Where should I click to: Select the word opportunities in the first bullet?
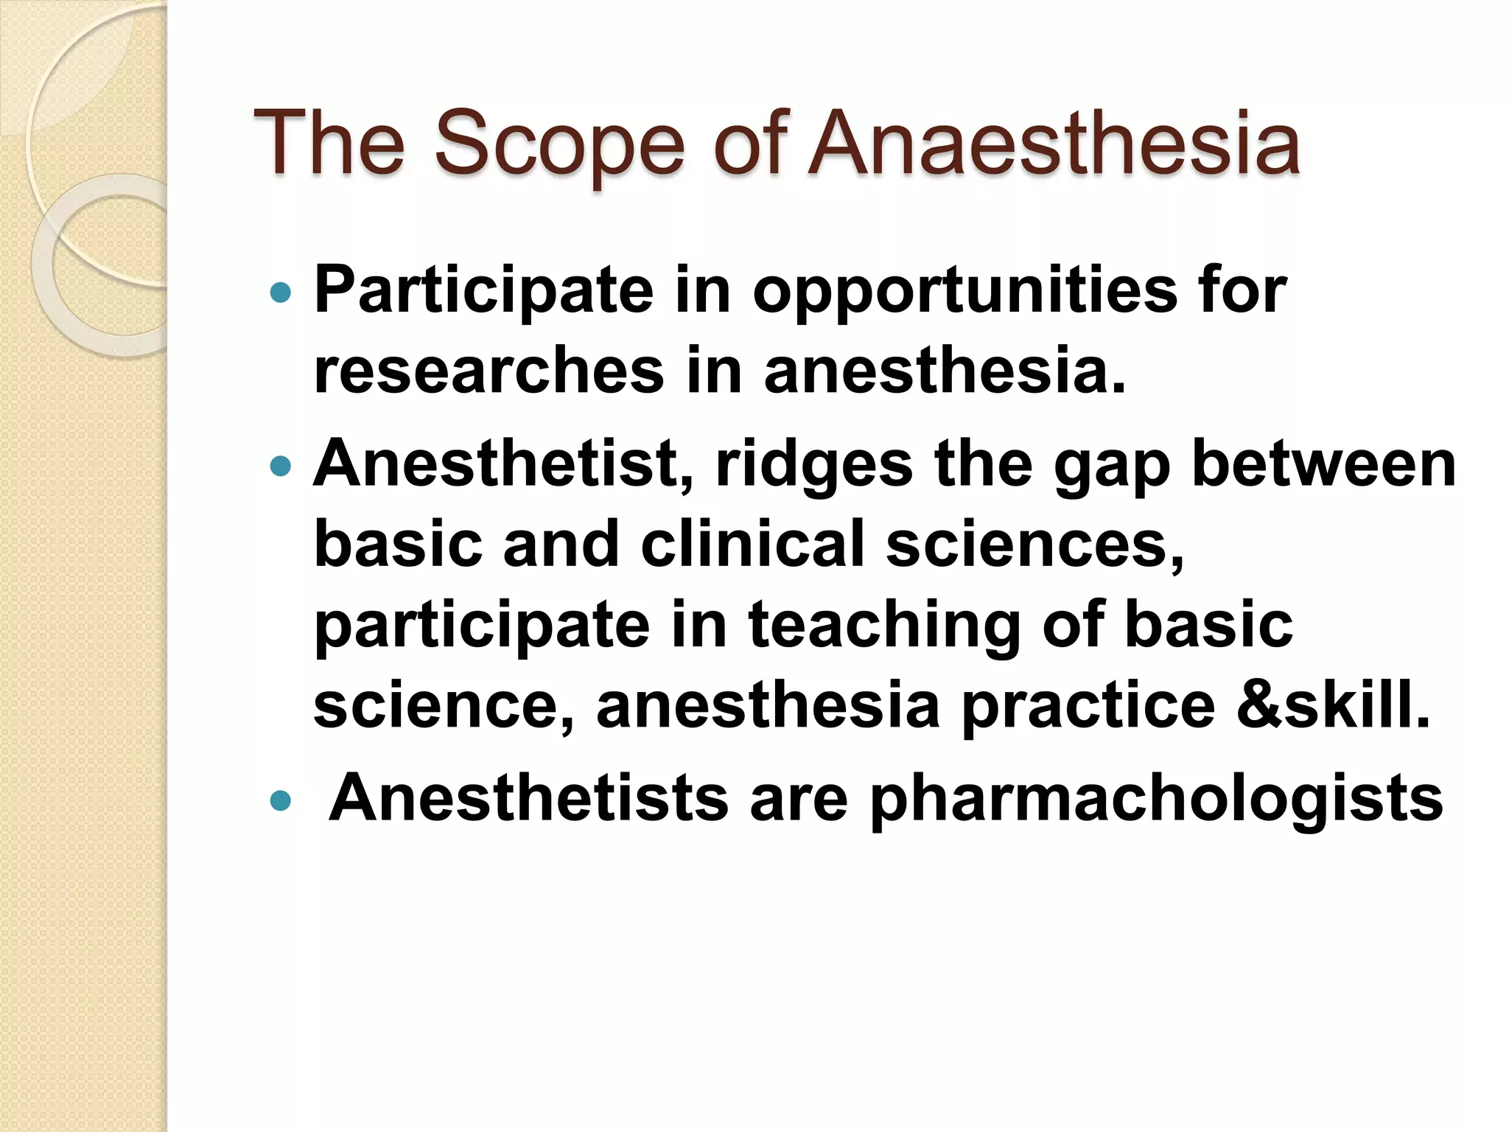(965, 290)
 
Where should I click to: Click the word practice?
(1088, 707)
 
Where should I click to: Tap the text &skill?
(1333, 705)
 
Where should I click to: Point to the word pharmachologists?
(1156, 800)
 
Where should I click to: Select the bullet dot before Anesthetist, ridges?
(281, 466)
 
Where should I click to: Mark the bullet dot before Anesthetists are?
(281, 801)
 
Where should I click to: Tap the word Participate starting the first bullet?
(483, 290)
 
